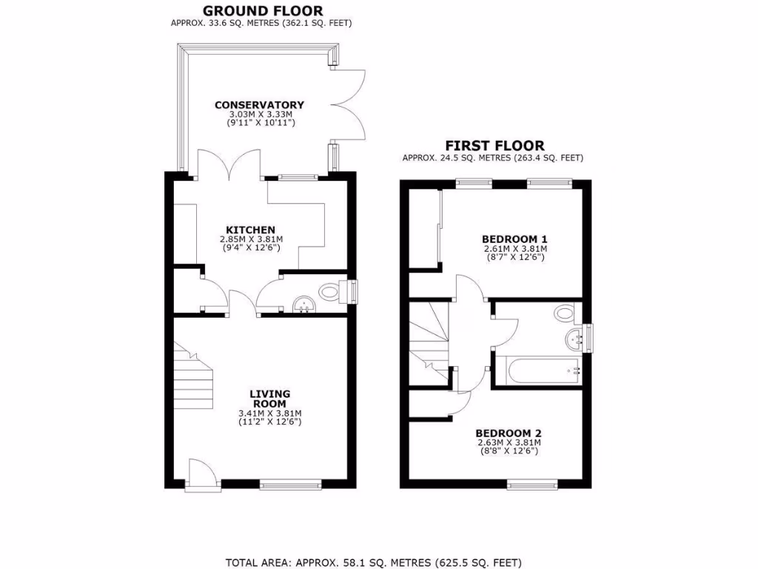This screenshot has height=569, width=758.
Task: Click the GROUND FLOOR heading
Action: (262, 10)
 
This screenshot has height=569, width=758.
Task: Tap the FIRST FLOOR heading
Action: (494, 146)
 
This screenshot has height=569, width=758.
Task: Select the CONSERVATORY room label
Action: (259, 104)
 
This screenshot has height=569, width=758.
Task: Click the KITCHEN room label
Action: (251, 230)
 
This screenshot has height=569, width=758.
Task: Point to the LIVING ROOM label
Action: (269, 399)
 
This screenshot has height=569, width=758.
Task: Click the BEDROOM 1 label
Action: (514, 239)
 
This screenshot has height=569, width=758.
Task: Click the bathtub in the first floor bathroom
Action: (536, 371)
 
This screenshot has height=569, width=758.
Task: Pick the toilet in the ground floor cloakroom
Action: (328, 292)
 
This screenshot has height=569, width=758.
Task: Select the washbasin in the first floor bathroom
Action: (573, 340)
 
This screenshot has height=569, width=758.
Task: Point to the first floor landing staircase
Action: (429, 341)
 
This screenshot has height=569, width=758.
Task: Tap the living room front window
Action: (291, 485)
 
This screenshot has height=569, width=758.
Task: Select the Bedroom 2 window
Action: (532, 485)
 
